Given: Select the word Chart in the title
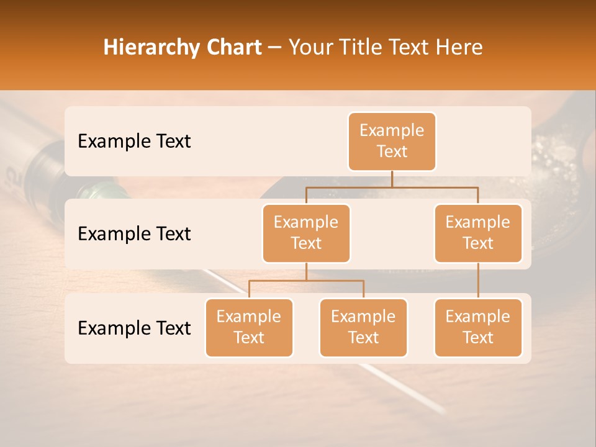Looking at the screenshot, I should click(233, 48).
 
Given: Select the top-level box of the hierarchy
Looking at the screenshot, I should click(392, 142).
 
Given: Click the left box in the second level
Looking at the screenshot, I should click(306, 233).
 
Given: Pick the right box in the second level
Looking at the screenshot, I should click(478, 233).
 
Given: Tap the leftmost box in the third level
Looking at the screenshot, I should click(249, 327).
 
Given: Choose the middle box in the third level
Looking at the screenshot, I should click(363, 327).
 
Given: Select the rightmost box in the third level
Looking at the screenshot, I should click(478, 327).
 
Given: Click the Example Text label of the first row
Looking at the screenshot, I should click(134, 142).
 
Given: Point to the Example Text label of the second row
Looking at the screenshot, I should click(134, 234).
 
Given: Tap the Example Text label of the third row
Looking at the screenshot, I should click(134, 328).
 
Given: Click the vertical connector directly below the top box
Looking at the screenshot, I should click(392, 179).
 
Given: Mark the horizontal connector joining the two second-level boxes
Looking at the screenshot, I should click(392, 187).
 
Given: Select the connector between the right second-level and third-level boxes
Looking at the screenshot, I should click(478, 281).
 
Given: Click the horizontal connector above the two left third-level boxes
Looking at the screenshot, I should click(306, 281).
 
